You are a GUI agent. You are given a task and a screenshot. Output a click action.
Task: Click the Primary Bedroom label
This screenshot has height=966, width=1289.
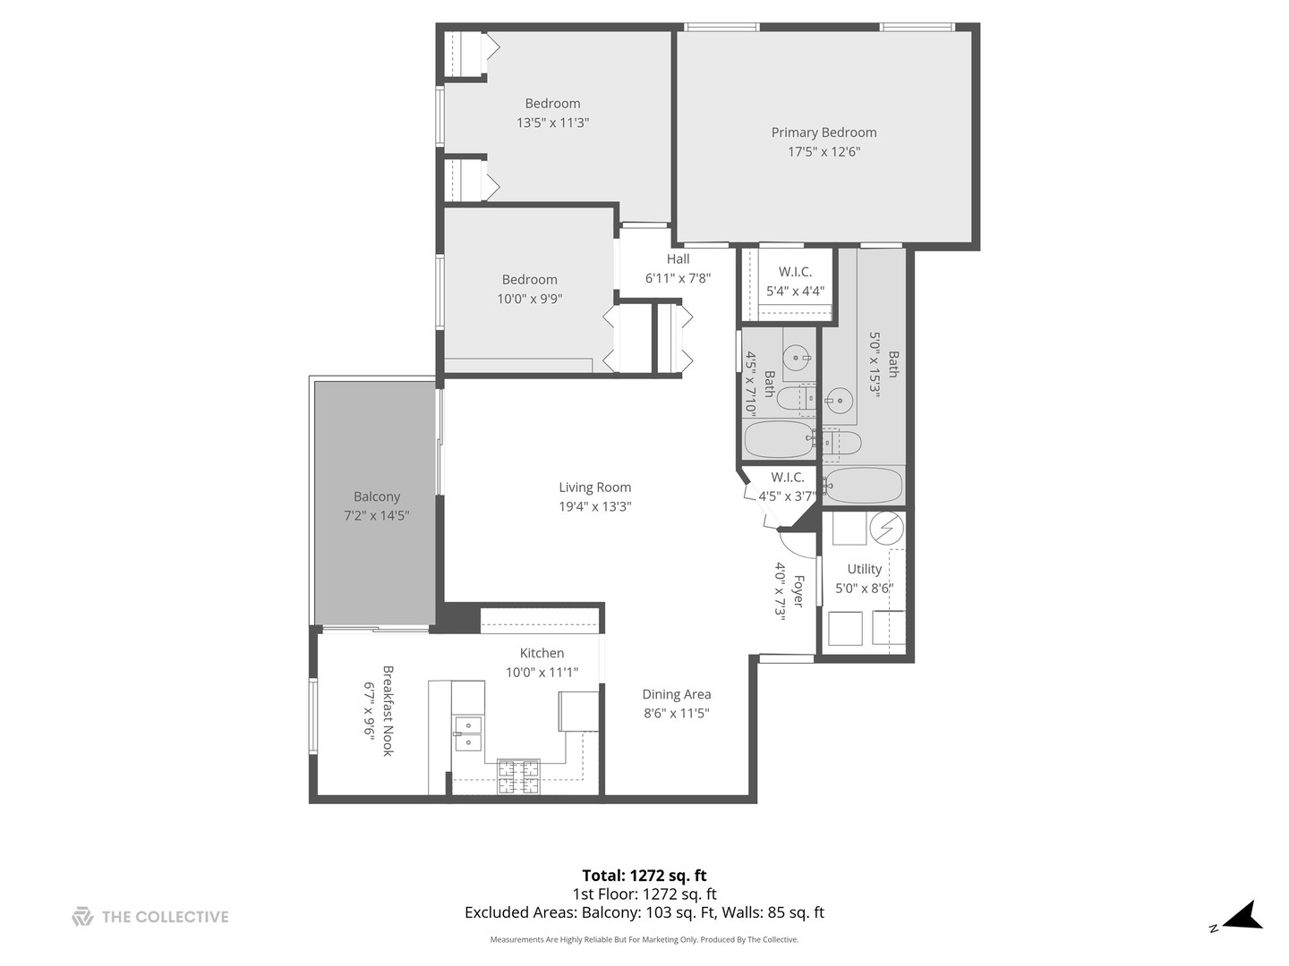coord(824,132)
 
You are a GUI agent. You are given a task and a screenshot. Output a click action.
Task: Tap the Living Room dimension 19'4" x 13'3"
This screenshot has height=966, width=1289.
coord(595,507)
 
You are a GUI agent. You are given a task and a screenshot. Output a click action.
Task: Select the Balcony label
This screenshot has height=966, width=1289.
coord(377,496)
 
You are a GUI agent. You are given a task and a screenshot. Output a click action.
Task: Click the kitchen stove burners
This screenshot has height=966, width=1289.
coord(518,776)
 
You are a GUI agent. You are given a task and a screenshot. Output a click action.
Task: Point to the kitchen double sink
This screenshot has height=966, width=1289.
coord(467,733)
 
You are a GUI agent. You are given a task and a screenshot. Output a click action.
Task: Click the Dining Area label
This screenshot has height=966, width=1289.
coord(676,694)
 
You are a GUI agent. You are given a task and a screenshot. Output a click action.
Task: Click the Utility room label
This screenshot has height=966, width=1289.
coord(864,569)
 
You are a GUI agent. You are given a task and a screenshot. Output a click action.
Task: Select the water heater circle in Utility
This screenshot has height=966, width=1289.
coord(886,528)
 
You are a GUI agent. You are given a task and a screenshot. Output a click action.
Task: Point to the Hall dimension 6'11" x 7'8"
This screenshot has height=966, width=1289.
coord(678,278)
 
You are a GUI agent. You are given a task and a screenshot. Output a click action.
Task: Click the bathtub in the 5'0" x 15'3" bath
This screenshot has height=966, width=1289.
coord(863,486)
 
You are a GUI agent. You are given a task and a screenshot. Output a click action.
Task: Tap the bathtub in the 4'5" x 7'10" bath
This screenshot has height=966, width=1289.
coord(778,439)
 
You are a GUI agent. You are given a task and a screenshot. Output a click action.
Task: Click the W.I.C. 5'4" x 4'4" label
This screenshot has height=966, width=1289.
coord(795,272)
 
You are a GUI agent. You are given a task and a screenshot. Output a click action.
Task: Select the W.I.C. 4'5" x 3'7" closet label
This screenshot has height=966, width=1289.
coord(788,478)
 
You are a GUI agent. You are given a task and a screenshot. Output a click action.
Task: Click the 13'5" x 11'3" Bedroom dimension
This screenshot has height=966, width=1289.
coord(552,123)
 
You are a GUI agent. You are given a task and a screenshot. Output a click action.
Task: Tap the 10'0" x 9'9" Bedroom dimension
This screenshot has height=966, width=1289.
coord(529,299)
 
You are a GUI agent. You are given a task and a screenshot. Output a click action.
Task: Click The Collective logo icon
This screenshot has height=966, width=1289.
coord(82,917)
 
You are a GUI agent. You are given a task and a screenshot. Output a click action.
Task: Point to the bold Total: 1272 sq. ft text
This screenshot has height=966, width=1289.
coord(644,876)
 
